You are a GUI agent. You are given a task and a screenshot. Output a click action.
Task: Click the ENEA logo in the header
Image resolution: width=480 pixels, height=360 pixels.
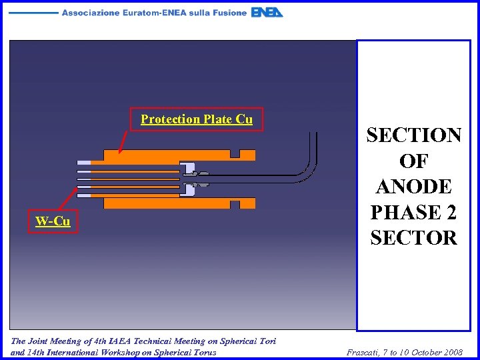267,13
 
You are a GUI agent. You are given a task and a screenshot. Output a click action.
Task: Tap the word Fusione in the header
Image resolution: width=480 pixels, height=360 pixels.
225,13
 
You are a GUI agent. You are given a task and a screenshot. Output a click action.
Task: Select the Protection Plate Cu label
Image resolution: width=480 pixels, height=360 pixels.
197,119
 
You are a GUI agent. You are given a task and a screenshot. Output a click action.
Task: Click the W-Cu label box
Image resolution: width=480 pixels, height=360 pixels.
53,221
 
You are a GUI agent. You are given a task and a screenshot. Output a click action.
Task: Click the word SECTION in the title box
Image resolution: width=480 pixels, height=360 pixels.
413,135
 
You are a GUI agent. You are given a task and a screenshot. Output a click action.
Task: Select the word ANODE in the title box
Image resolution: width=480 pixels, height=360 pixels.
413,187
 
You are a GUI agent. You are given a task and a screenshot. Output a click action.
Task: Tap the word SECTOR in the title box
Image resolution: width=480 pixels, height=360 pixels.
413,237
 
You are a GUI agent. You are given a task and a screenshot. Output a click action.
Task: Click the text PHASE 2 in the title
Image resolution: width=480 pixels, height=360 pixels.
413,212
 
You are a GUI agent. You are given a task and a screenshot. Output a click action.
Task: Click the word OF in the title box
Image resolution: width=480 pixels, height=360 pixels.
413,161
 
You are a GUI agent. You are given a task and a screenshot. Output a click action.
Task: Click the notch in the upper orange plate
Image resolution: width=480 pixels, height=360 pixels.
235,153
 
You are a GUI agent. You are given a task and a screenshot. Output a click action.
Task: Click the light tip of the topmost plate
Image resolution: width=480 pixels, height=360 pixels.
84,162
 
